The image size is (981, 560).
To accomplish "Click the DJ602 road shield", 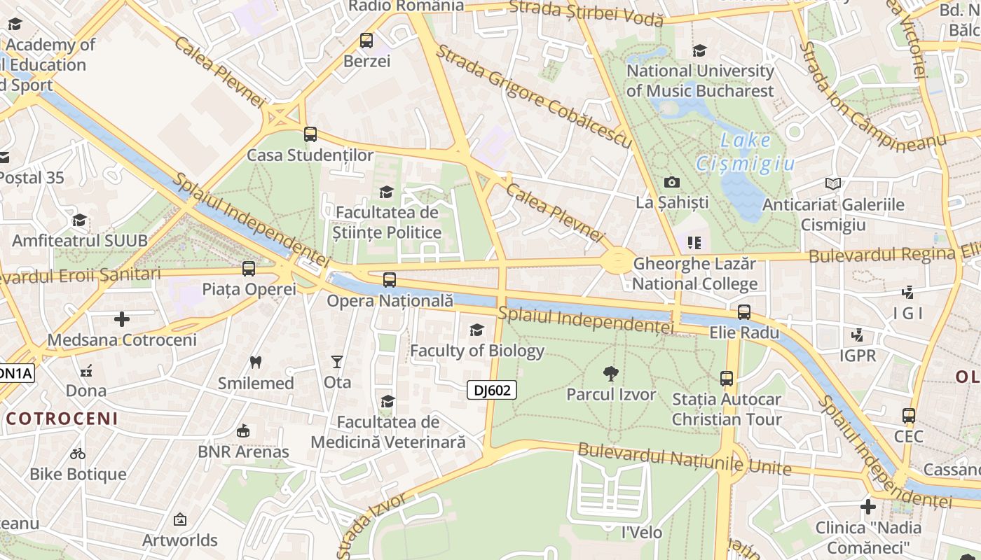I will tap(492, 390).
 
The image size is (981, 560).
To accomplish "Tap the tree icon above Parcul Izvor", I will tap(611, 374).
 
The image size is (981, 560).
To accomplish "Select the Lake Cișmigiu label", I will tap(746, 152).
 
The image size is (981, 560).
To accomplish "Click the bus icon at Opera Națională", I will tap(390, 280).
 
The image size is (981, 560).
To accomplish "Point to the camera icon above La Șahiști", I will tap(671, 183).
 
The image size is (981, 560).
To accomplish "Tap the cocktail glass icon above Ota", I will tap(337, 362).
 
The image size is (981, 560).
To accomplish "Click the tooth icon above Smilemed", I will tap(256, 363).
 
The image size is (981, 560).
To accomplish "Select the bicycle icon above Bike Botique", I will tap(78, 454).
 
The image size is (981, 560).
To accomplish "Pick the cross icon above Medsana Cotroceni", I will tap(122, 320).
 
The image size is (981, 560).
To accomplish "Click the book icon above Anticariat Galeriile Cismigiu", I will tap(832, 184).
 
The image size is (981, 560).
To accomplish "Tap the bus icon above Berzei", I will tap(366, 41).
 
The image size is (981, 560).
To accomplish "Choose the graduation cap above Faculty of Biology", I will tap(476, 330).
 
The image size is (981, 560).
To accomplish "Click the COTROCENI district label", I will tap(62, 419).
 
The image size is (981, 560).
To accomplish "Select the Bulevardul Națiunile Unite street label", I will tap(685, 459).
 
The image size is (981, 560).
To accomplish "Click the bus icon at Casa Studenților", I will tap(310, 134).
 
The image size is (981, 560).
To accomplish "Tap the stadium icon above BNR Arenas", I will tap(243, 431).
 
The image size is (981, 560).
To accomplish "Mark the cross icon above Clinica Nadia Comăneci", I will tap(868, 507).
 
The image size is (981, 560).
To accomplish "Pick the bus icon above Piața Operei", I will tap(249, 269).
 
